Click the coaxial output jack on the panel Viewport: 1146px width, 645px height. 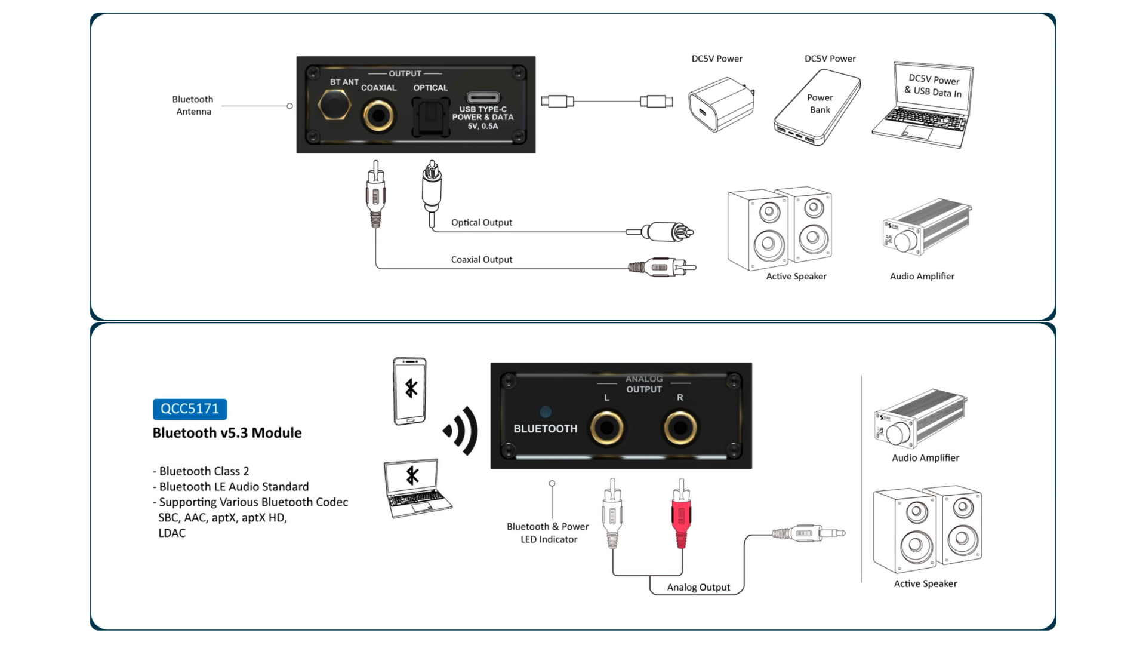click(x=378, y=116)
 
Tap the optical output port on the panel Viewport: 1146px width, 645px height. click(x=430, y=116)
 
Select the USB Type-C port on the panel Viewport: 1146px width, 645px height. click(x=483, y=97)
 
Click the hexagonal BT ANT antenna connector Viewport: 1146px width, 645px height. click(x=334, y=105)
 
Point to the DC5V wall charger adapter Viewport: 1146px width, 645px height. click(x=720, y=105)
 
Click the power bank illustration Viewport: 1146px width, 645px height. click(x=817, y=107)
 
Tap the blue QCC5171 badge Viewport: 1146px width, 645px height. click(x=190, y=409)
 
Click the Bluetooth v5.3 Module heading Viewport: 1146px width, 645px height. click(x=227, y=433)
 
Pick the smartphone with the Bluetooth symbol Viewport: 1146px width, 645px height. click(x=409, y=391)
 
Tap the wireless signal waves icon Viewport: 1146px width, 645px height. click(x=461, y=431)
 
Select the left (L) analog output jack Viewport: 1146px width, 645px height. click(x=607, y=428)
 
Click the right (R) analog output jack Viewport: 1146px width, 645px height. click(x=680, y=428)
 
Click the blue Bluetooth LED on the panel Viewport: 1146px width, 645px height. click(x=546, y=411)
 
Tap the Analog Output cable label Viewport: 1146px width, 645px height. click(x=698, y=588)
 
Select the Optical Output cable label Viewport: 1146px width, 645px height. click(x=481, y=223)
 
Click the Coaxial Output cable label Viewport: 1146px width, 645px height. click(x=481, y=260)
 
